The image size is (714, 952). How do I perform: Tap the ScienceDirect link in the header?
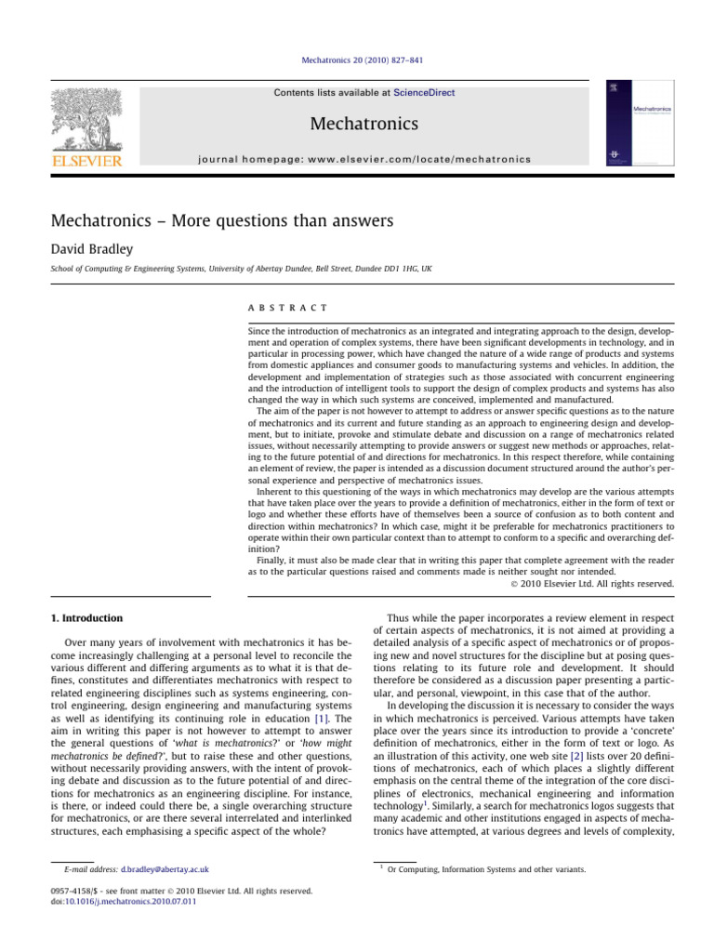pyautogui.click(x=424, y=93)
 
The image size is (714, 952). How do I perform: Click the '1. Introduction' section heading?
pyautogui.click(x=86, y=617)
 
